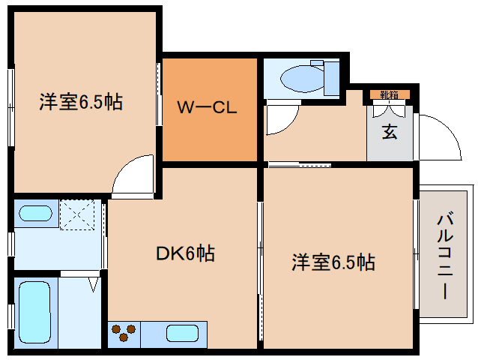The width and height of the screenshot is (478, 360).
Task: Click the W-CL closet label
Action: pos(207,107)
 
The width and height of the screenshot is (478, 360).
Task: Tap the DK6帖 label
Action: pos(185,254)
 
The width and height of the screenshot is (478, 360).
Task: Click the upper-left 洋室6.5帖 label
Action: pos(80,102)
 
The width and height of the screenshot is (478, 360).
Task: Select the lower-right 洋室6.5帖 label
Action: pos(333,262)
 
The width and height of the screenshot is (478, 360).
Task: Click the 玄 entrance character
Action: pos(390,133)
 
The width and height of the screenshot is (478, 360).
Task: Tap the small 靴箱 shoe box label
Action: pos(389,94)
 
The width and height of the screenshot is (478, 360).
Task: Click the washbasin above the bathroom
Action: pos(34,213)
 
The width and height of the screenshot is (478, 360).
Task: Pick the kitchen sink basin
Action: pos(182,332)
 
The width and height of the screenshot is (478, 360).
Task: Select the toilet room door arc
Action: pos(282,118)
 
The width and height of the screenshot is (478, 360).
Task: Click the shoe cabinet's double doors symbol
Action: pos(389,109)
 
